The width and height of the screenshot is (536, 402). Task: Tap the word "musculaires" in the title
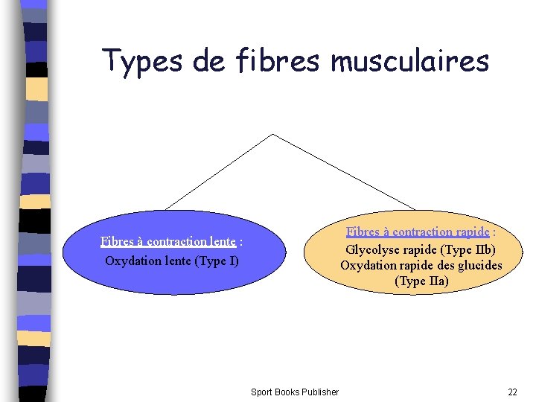pyautogui.click(x=409, y=61)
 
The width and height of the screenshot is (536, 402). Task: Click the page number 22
pyautogui.click(x=512, y=392)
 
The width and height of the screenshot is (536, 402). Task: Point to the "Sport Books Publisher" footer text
pyautogui.click(x=295, y=392)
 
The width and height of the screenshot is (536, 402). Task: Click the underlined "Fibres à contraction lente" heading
pyautogui.click(x=168, y=241)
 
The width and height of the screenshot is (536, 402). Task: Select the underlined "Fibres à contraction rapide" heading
pyautogui.click(x=418, y=232)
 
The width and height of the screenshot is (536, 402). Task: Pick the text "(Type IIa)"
pyautogui.click(x=421, y=281)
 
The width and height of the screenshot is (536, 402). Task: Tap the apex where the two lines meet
pyautogui.click(x=273, y=135)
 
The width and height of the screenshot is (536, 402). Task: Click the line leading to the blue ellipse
pyautogui.click(x=220, y=171)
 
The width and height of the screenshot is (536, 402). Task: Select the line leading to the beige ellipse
pyautogui.click(x=344, y=171)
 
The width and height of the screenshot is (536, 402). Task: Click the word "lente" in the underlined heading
pyautogui.click(x=221, y=241)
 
